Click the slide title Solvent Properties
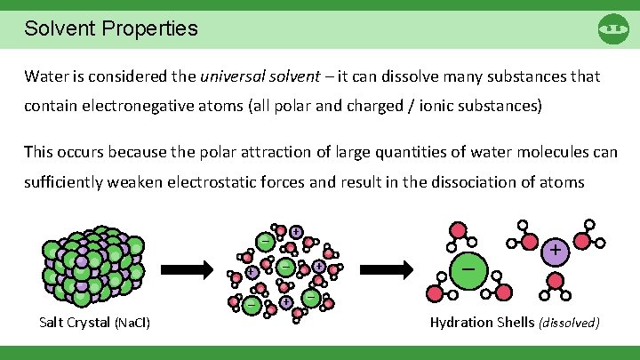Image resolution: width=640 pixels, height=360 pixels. point(111,28)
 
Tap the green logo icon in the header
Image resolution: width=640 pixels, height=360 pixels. point(613,28)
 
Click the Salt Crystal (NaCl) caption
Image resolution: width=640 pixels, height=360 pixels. point(95,321)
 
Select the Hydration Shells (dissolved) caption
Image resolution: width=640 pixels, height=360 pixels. point(515,321)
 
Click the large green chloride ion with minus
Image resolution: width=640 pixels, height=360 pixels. point(468,268)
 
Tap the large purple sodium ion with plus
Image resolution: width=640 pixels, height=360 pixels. point(555,252)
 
